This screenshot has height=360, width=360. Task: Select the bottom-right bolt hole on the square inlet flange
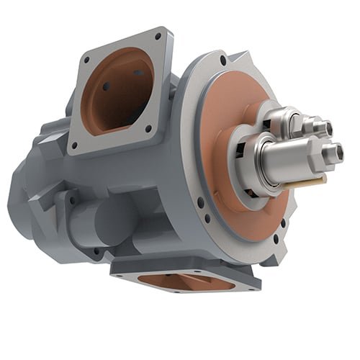[x=148, y=128]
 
